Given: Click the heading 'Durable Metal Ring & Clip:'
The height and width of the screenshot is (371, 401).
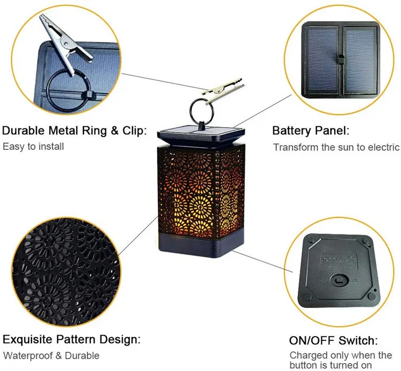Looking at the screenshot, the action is tap(74, 131).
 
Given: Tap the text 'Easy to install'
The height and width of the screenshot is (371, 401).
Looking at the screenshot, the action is tap(33, 146).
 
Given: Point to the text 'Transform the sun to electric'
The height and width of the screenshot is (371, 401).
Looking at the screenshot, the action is tap(336, 147).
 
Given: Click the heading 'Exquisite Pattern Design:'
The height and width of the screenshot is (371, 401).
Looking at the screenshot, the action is tap(72, 339).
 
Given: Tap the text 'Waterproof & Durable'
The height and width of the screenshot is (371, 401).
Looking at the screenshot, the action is tap(51, 355).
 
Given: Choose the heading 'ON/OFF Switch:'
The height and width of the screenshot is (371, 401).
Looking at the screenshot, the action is tap(333, 340).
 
